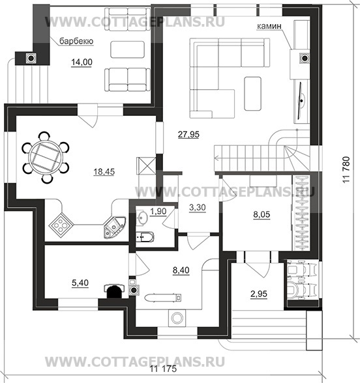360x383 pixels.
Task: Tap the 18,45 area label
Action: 104,172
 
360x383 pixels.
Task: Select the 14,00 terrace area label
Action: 82,62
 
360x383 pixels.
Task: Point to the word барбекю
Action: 76,41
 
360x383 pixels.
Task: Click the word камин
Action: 269,26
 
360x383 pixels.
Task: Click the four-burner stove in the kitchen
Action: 61,223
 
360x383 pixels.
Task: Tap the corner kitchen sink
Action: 114,227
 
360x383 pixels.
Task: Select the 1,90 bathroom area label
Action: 158,211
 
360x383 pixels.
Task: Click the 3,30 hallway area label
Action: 198,207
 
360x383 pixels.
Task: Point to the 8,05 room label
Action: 262,214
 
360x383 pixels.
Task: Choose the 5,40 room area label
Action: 80,283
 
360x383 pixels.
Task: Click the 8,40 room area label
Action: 181,270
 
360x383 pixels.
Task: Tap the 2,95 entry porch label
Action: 258,294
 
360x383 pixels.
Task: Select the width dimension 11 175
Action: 163,369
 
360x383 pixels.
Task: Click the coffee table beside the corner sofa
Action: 253,94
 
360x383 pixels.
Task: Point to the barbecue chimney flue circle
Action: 31,58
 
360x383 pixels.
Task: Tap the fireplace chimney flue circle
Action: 305,58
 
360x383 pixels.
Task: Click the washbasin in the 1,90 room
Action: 142,216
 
